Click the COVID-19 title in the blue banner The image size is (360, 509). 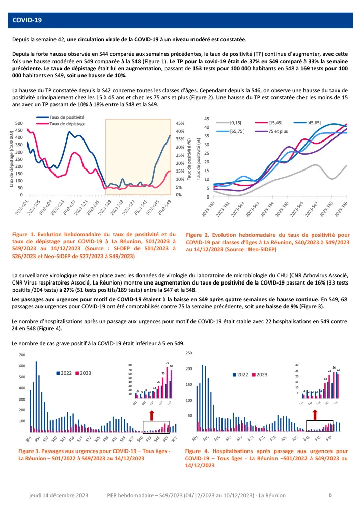(x=27, y=20)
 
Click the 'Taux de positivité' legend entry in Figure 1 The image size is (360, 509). (x=66, y=117)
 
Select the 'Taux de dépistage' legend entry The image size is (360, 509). (x=66, y=123)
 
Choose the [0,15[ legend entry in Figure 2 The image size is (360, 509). (x=238, y=123)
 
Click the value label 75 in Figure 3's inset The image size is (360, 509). (x=167, y=363)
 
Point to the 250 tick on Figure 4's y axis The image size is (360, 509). (x=188, y=353)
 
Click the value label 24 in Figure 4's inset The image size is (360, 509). (x=334, y=367)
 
